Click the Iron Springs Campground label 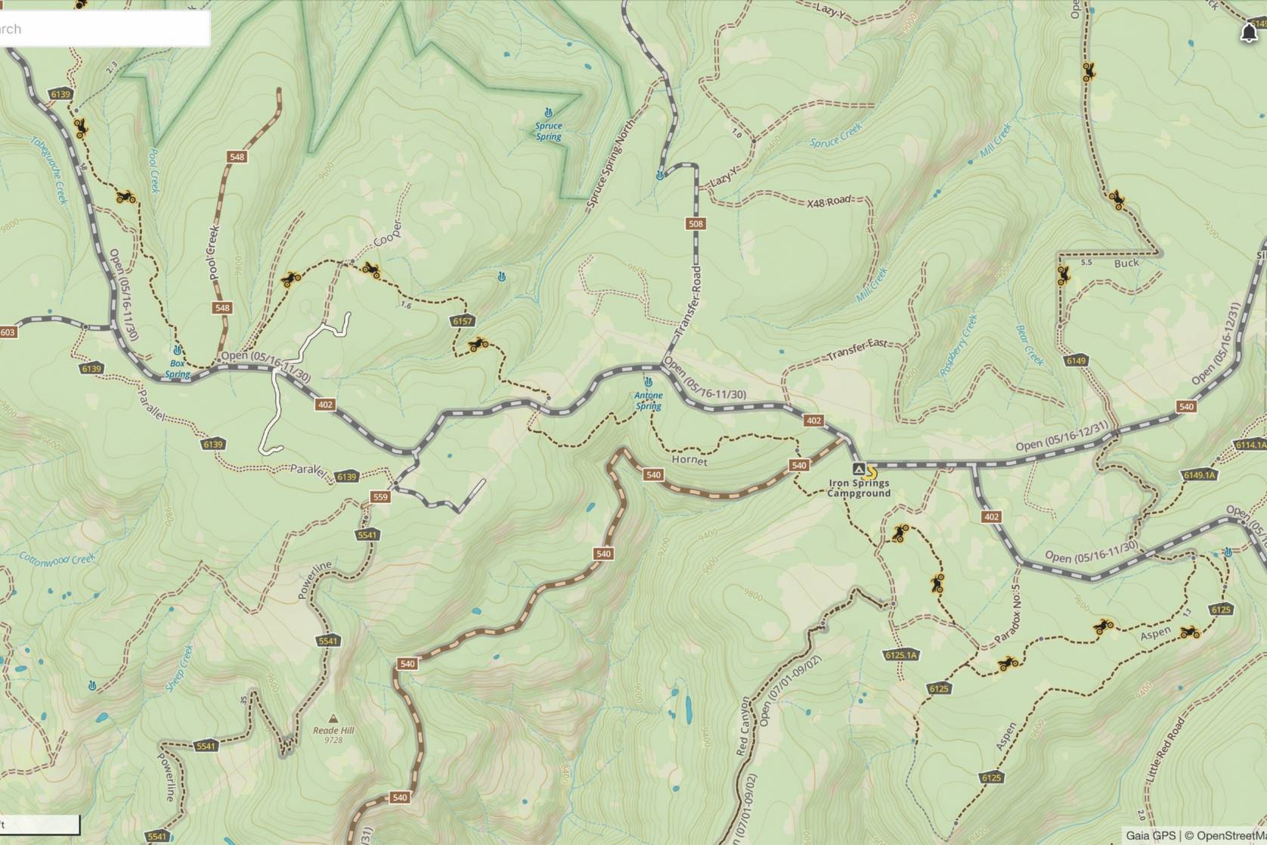[859, 488]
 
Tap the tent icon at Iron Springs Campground [858, 469]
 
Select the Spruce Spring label [549, 131]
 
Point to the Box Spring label [177, 368]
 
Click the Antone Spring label [649, 400]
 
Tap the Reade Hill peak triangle [333, 719]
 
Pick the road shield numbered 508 [695, 223]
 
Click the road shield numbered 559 [380, 497]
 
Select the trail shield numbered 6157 [463, 321]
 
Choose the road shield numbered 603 [8, 332]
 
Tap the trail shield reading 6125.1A [900, 655]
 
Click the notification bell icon [1249, 33]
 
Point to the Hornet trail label [689, 460]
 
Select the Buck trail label [1126, 263]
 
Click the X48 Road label [829, 202]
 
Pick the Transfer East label [857, 349]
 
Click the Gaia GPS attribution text [1150, 835]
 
